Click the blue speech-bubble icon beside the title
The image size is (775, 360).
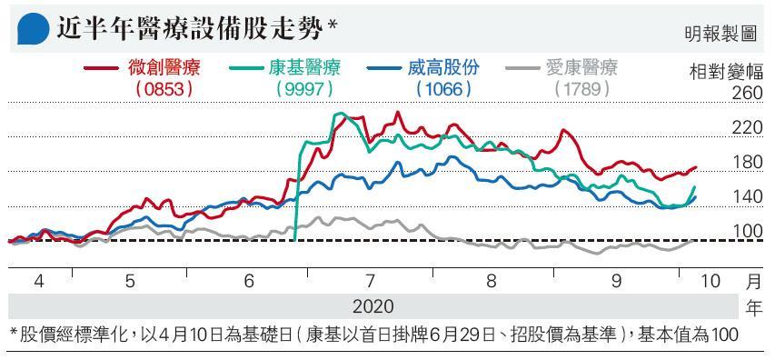(x=33, y=29)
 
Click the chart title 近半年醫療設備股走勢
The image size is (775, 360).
(x=191, y=29)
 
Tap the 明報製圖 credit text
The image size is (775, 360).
(x=721, y=34)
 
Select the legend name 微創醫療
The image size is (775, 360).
(x=164, y=67)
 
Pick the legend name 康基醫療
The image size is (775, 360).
(x=304, y=67)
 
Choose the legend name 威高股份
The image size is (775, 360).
(x=442, y=67)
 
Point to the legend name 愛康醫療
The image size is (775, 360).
(x=581, y=67)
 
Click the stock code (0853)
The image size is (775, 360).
(x=164, y=89)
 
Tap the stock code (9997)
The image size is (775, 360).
(x=304, y=89)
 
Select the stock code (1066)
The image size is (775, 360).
(x=442, y=89)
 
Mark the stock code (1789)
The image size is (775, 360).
(x=581, y=89)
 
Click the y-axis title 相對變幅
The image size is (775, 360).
(x=726, y=71)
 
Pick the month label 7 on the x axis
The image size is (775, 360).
(x=370, y=282)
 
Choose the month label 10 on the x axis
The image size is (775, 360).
(x=710, y=282)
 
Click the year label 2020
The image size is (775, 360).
(x=373, y=306)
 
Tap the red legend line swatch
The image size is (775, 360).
(x=102, y=68)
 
